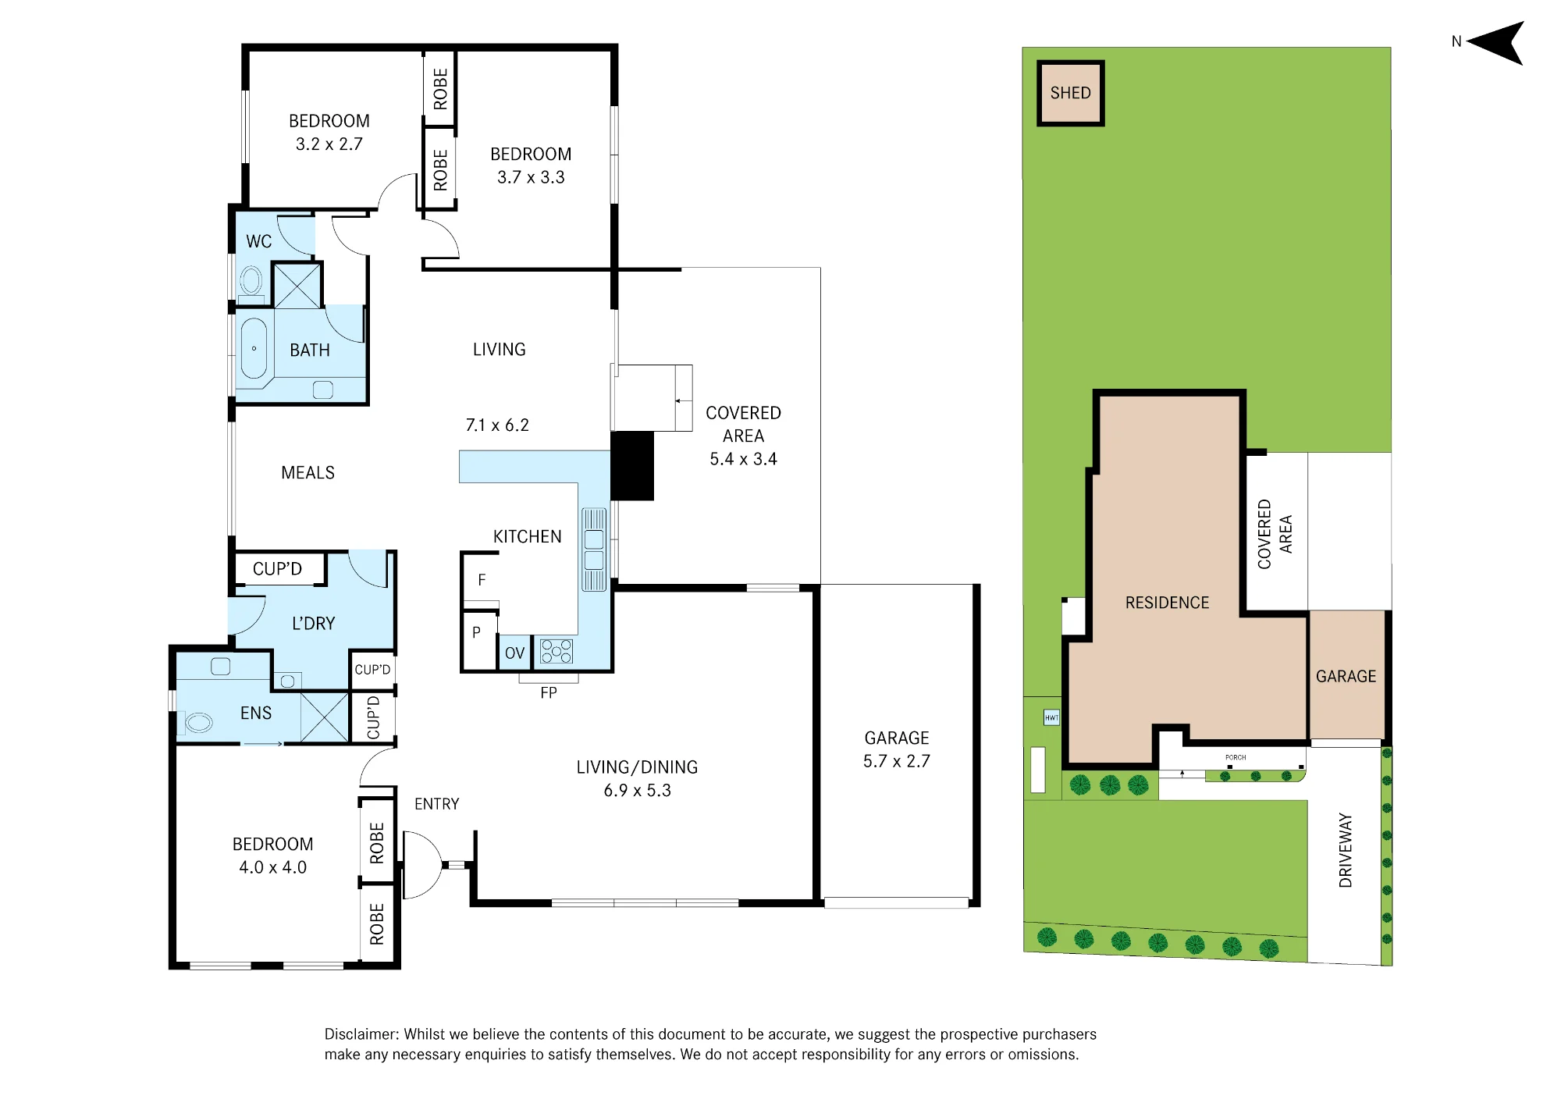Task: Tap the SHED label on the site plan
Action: tap(1070, 93)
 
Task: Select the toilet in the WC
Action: tap(251, 282)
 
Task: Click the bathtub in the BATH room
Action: tap(254, 349)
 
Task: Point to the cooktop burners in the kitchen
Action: tap(556, 651)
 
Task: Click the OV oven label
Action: tap(514, 653)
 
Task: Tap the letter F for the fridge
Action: tap(482, 580)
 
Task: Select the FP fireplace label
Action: tap(549, 693)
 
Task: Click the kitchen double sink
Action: tap(594, 549)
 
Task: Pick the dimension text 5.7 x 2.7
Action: tap(897, 761)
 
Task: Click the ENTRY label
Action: tap(436, 804)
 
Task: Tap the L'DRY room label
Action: tap(313, 623)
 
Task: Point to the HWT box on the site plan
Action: tap(1052, 717)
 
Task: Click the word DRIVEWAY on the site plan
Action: tap(1346, 850)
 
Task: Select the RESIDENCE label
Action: tap(1167, 603)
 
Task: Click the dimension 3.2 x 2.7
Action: tap(329, 144)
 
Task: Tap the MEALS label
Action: tap(308, 473)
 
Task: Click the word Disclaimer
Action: tap(361, 1034)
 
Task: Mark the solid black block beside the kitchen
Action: tap(632, 466)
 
